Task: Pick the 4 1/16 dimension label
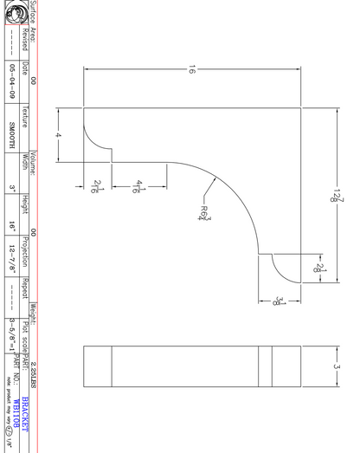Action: click(139, 185)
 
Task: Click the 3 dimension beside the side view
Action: click(337, 368)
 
